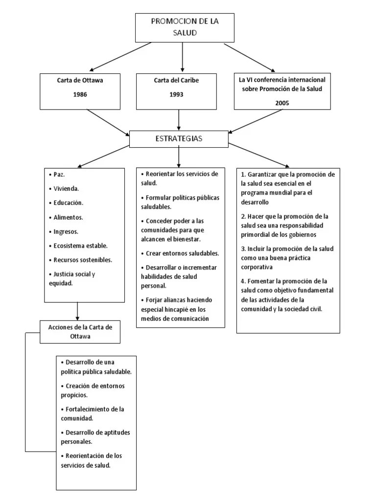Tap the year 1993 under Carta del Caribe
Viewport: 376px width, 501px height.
(x=176, y=94)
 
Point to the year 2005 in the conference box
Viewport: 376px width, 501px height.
(x=282, y=103)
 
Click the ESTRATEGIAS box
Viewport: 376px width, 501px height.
(x=179, y=139)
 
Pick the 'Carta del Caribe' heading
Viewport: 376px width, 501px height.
(x=176, y=80)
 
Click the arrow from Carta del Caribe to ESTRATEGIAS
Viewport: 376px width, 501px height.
(x=179, y=120)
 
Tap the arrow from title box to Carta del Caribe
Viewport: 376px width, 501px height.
(x=182, y=57)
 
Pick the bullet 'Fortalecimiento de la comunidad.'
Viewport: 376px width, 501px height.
(x=93, y=413)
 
